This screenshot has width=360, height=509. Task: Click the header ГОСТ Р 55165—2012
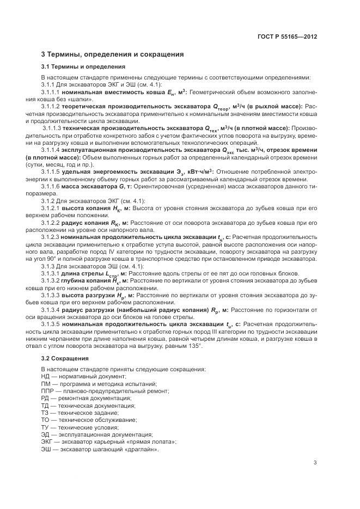pos(287,36)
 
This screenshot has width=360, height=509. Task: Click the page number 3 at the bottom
pos(315,463)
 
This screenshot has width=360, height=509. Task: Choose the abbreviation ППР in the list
pos(47,391)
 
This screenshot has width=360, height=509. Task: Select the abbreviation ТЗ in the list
pos(46,413)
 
